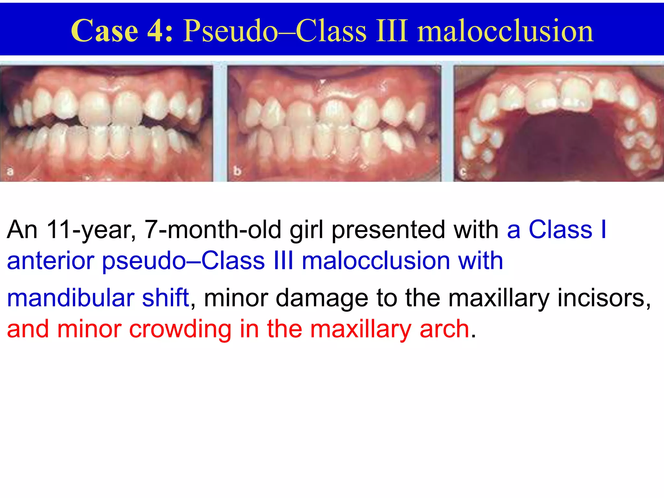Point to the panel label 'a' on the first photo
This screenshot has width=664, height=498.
pyautogui.click(x=10, y=171)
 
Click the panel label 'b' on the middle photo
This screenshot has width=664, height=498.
pyautogui.click(x=237, y=171)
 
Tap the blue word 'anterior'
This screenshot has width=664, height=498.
pyautogui.click(x=50, y=261)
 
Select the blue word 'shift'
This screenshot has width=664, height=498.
pyautogui.click(x=165, y=298)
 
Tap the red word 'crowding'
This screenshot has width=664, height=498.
pyautogui.click(x=180, y=329)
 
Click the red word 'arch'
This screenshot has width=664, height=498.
pyautogui.click(x=444, y=329)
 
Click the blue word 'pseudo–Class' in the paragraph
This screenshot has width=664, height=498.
pyautogui.click(x=184, y=261)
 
